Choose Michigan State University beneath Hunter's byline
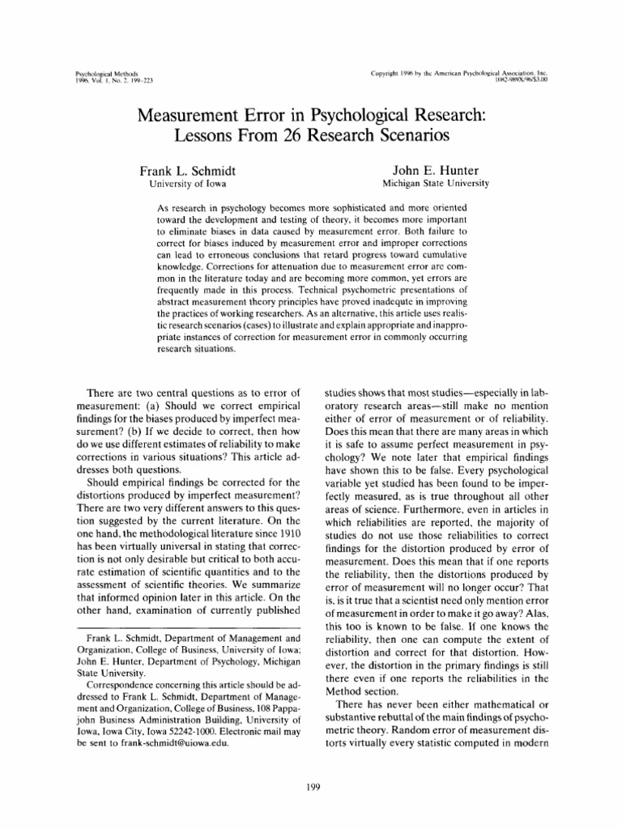click(x=436, y=185)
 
